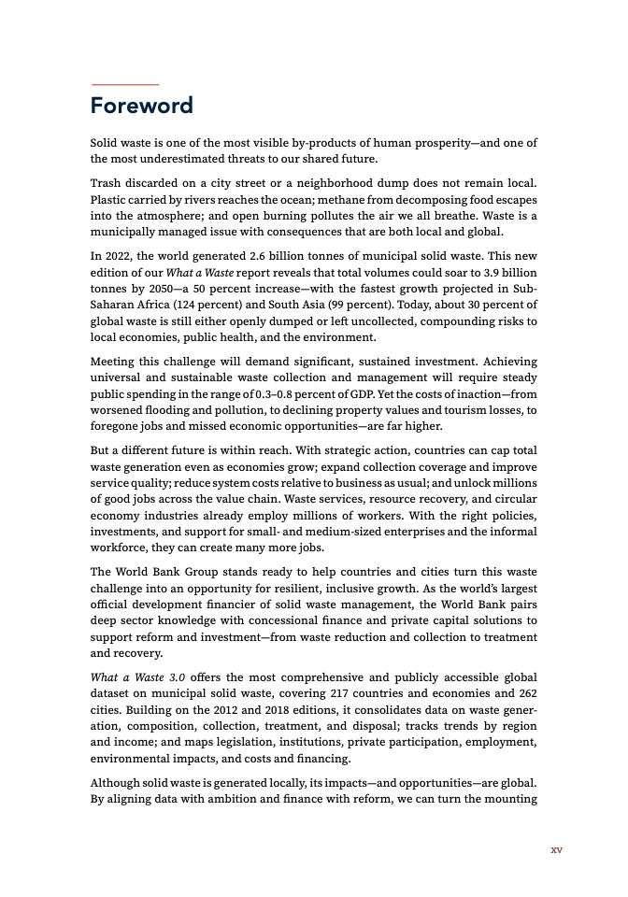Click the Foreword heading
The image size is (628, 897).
(x=141, y=106)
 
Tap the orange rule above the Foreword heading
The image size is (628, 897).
(x=124, y=85)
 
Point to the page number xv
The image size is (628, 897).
(x=557, y=850)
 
